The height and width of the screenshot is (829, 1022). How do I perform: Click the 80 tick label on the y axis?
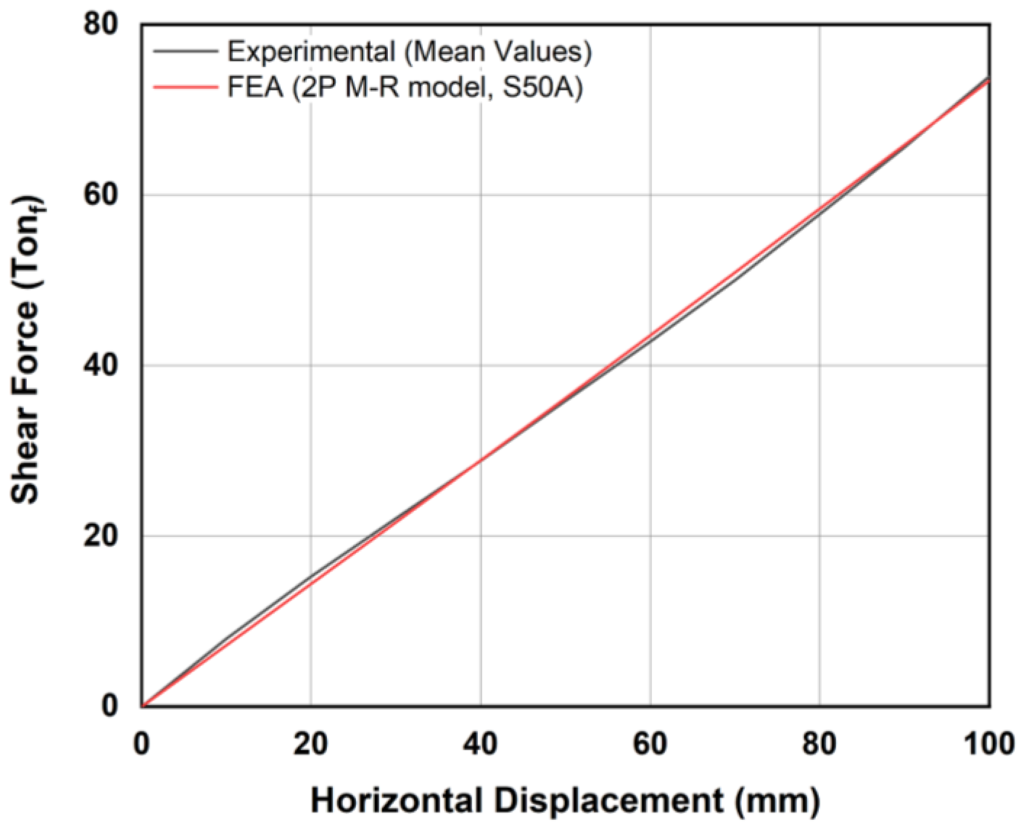pyautogui.click(x=100, y=24)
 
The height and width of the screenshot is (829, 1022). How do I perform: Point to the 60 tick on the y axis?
pyautogui.click(x=100, y=195)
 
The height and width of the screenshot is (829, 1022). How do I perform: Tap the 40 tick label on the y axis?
pyautogui.click(x=100, y=365)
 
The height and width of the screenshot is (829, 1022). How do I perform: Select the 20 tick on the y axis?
pyautogui.click(x=100, y=536)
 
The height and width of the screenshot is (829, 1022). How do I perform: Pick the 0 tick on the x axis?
pyautogui.click(x=141, y=744)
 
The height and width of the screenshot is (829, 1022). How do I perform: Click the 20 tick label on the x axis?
pyautogui.click(x=311, y=744)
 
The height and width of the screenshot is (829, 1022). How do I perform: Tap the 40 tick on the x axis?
pyautogui.click(x=480, y=744)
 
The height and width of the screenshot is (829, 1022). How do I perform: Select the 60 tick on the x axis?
pyautogui.click(x=650, y=744)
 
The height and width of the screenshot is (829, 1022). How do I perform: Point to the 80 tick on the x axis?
pyautogui.click(x=819, y=744)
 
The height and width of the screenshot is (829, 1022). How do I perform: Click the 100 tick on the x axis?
pyautogui.click(x=988, y=744)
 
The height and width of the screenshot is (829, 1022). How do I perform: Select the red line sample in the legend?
pyautogui.click(x=185, y=87)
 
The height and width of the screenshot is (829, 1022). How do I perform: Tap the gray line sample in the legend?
pyautogui.click(x=185, y=51)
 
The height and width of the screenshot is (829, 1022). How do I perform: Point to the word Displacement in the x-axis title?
pyautogui.click(x=609, y=801)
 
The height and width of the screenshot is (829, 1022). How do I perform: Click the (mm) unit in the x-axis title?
pyautogui.click(x=778, y=801)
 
